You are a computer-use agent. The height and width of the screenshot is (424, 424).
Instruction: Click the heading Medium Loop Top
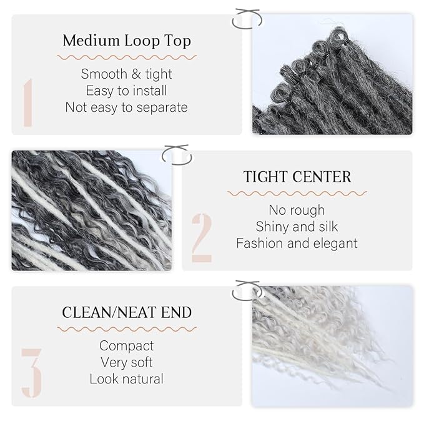[x=126, y=42]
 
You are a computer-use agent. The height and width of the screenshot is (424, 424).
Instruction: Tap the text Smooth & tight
[x=126, y=74]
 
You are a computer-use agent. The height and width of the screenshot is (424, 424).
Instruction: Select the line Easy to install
[x=126, y=91]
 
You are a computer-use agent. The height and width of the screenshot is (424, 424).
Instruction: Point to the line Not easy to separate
[x=126, y=107]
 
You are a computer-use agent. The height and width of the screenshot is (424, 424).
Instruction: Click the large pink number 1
[x=27, y=103]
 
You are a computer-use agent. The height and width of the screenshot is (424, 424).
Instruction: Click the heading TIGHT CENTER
[x=297, y=177]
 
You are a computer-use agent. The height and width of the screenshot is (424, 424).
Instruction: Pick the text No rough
[x=297, y=210]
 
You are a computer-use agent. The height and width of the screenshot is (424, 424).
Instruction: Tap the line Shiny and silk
[x=297, y=226]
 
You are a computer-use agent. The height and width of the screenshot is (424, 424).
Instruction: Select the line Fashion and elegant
[x=297, y=243]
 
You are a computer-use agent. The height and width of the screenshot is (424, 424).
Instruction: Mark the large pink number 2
[x=202, y=237]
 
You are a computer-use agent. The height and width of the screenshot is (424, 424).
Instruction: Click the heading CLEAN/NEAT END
[x=127, y=312]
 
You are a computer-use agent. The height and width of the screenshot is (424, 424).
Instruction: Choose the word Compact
[x=126, y=345]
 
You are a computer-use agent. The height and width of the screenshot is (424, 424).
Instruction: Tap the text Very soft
[x=126, y=362]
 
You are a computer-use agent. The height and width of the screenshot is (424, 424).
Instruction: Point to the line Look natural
[x=126, y=378]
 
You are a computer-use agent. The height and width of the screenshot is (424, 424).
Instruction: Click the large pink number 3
[x=31, y=373]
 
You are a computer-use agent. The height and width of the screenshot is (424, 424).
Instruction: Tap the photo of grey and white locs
[x=91, y=210]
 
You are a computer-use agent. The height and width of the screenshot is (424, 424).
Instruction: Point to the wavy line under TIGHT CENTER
[x=297, y=193]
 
